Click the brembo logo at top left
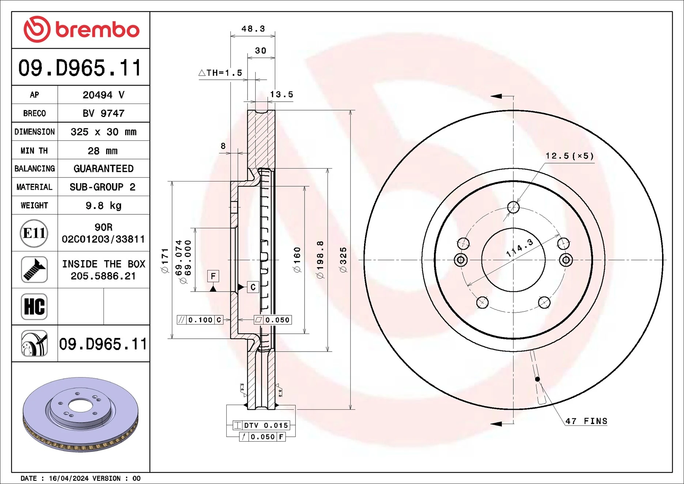tap(81, 29)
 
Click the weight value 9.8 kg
tap(103, 206)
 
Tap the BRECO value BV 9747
tap(103, 113)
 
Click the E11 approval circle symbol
tap(34, 233)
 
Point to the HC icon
tap(34, 307)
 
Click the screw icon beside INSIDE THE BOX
tap(34, 270)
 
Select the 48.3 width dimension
tap(253, 29)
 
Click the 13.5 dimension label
tap(281, 94)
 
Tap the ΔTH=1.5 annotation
tap(220, 73)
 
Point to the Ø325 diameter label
tap(343, 260)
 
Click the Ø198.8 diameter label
tap(320, 260)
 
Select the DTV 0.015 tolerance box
tap(262, 425)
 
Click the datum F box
tap(213, 276)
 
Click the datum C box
tap(253, 287)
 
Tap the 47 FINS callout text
tap(586, 421)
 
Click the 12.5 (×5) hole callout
tap(569, 156)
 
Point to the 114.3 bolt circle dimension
tap(519, 248)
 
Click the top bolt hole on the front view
tap(513, 207)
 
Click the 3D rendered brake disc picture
tap(80, 414)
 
